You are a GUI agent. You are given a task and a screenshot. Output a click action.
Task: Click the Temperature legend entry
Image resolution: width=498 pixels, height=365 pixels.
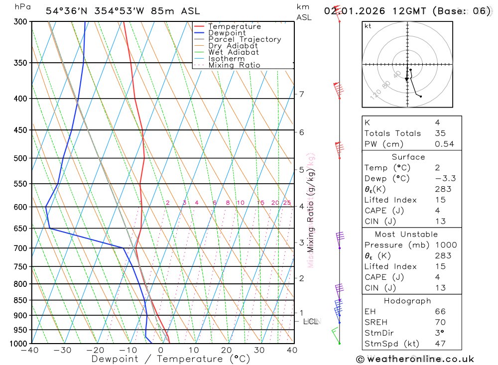pos(234,26)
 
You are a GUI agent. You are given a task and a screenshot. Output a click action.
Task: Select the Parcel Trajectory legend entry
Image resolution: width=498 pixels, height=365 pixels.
pos(245,39)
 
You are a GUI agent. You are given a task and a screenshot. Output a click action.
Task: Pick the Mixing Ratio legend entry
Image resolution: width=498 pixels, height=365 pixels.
pos(234,65)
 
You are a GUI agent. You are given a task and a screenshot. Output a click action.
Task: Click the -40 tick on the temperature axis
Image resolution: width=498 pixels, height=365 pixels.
pos(30,350)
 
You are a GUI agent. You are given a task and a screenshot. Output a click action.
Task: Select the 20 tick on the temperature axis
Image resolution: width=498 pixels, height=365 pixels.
pos(227,350)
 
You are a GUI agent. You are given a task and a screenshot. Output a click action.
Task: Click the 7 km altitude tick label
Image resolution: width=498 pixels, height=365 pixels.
pos(301,94)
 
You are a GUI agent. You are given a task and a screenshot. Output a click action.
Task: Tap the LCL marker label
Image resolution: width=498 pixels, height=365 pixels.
pos(312,322)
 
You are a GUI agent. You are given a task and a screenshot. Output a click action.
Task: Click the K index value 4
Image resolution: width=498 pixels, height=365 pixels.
pos(437,122)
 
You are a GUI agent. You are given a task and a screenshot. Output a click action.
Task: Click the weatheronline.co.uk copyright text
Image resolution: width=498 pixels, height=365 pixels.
pos(415,359)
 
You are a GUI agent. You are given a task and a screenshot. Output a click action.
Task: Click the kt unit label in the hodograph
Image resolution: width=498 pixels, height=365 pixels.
pos(368,26)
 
